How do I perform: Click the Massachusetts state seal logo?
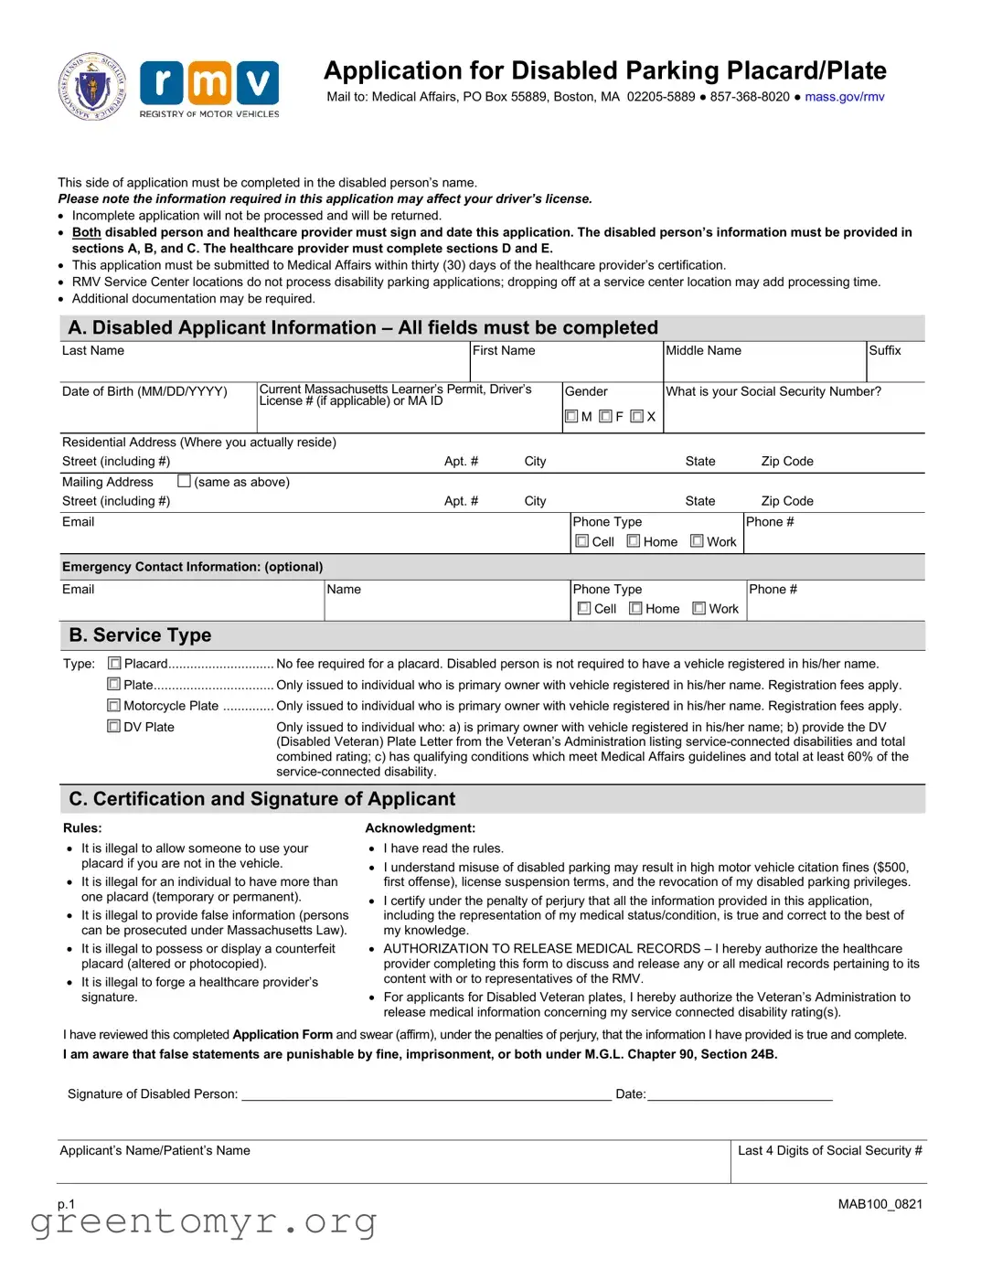(92, 88)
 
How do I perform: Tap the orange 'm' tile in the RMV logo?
(209, 83)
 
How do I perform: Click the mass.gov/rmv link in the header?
(844, 97)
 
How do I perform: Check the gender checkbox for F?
(605, 417)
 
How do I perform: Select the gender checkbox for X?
(636, 417)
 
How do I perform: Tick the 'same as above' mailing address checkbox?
(185, 481)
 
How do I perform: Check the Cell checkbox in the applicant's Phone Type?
(582, 541)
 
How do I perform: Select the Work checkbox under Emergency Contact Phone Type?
(699, 608)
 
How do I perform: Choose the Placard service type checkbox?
(114, 664)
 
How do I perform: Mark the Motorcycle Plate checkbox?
(114, 706)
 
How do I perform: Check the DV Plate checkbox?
(114, 727)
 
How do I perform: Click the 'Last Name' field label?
(93, 351)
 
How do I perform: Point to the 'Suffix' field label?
(884, 351)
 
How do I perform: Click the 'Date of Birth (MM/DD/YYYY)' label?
(144, 391)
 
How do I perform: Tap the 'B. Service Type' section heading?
(140, 635)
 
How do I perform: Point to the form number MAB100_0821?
(880, 1204)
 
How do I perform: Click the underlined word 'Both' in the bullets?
(87, 232)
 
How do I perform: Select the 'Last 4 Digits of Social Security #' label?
(829, 1151)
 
